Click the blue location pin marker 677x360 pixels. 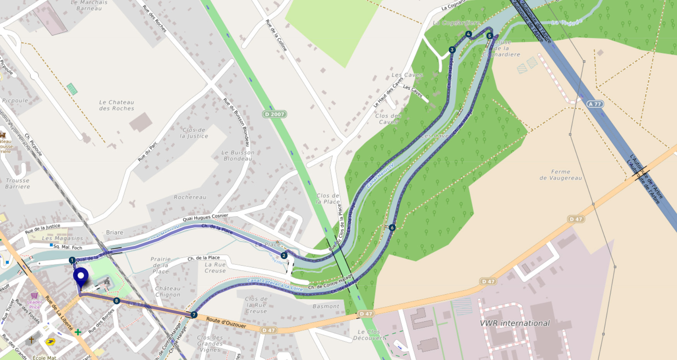click(x=81, y=276)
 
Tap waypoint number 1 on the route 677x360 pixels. click(x=72, y=260)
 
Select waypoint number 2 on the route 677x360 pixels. click(x=284, y=256)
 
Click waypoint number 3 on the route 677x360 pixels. click(x=452, y=50)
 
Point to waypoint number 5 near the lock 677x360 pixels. click(x=489, y=36)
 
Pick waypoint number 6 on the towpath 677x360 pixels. click(x=392, y=228)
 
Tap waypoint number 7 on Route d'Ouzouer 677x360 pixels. click(x=194, y=315)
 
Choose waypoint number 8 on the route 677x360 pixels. click(x=116, y=301)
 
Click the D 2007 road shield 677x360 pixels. click(x=275, y=114)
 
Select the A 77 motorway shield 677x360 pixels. click(x=595, y=104)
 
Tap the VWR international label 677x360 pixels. click(x=515, y=323)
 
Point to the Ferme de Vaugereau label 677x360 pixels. click(x=561, y=175)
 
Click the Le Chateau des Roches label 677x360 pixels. click(x=116, y=105)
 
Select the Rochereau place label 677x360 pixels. click(x=190, y=197)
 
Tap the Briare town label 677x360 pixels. click(x=115, y=232)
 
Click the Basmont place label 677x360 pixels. click(x=326, y=306)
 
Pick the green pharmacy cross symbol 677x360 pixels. click(x=78, y=332)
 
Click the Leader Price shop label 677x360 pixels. click(x=34, y=304)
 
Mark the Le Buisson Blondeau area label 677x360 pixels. click(x=238, y=155)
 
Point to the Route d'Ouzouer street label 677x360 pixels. click(x=226, y=322)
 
